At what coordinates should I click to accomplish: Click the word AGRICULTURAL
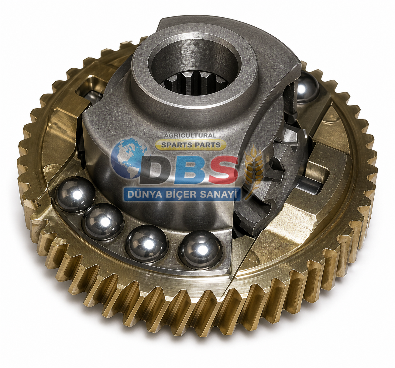pos(190,136)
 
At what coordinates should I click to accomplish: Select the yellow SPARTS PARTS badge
pos(191,144)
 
